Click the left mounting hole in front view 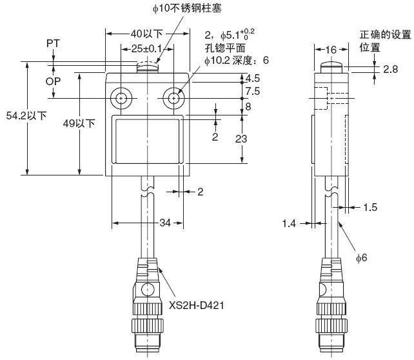tap(121, 98)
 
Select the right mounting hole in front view tap(173, 98)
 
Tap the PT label tap(54, 43)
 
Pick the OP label tap(54, 81)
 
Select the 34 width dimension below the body tap(165, 223)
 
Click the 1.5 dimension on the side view tap(370, 207)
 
